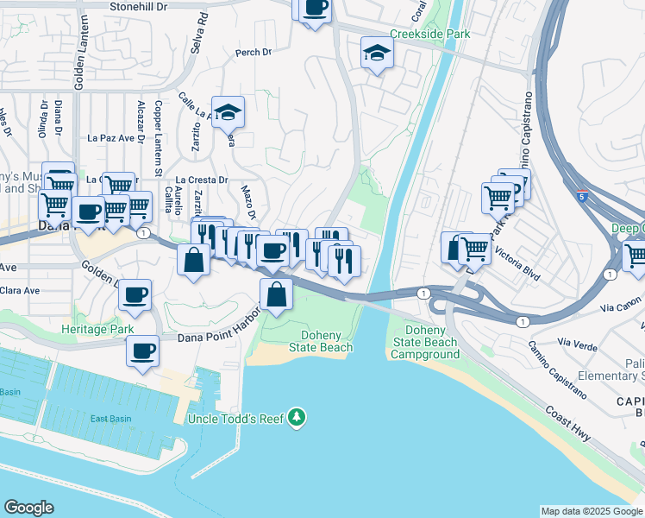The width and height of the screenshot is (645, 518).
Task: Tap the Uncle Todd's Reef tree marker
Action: tap(297, 418)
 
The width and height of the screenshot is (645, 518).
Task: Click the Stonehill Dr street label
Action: tap(142, 6)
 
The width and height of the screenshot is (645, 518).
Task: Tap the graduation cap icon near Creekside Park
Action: tap(377, 54)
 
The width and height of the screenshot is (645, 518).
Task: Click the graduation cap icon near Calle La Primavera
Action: tap(228, 111)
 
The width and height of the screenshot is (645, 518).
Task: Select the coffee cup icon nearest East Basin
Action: tap(143, 351)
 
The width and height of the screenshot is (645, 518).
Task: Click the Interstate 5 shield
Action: tap(583, 198)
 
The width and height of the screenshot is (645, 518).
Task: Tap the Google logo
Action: tap(28, 508)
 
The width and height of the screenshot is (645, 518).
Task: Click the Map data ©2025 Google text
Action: tap(591, 511)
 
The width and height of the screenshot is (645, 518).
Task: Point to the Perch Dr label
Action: tap(254, 53)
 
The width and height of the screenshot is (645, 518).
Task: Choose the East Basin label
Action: tap(112, 419)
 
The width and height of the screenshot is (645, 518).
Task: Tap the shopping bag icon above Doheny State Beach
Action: tap(275, 295)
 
